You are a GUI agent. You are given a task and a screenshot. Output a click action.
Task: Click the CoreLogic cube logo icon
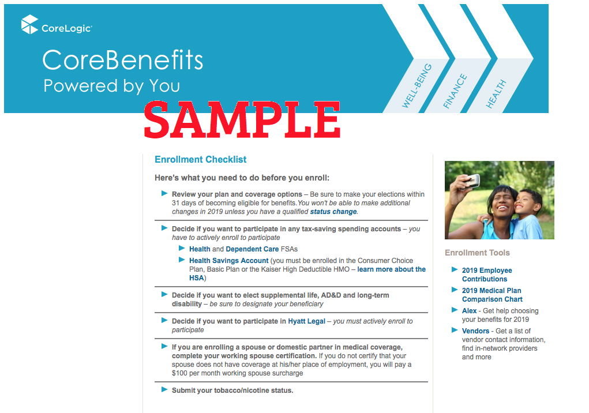pos(29,24)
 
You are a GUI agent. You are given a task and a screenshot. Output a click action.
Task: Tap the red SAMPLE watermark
pos(242,120)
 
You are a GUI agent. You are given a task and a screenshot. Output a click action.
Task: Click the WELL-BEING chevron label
pos(417,86)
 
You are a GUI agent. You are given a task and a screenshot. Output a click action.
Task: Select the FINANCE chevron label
pos(455,91)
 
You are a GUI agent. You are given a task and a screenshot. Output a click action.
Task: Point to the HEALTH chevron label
pos(496,94)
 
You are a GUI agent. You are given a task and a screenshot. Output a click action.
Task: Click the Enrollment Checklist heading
pos(201,160)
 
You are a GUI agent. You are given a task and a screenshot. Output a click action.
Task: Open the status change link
pos(333,212)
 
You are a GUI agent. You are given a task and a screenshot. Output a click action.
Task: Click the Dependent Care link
pos(252,249)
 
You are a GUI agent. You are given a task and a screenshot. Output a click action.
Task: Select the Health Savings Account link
pos(229,261)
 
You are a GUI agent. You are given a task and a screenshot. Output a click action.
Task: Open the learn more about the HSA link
pos(307,273)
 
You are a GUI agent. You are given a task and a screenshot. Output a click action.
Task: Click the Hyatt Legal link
pos(306,321)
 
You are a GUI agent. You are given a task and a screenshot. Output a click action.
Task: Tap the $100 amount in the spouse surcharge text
pos(179,373)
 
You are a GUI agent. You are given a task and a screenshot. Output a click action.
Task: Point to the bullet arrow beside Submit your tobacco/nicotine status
pos(164,389)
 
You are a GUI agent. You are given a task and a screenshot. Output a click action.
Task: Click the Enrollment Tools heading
pos(477,253)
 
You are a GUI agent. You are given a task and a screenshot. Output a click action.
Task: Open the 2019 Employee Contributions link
pos(487,275)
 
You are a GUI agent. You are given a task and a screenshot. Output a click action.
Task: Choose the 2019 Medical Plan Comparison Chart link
pos(492,295)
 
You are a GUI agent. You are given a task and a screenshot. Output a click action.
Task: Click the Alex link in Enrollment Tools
pos(469,311)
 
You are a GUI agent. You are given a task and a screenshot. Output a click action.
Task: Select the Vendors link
pos(475,331)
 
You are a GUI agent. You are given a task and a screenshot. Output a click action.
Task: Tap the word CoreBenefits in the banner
pos(122,60)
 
